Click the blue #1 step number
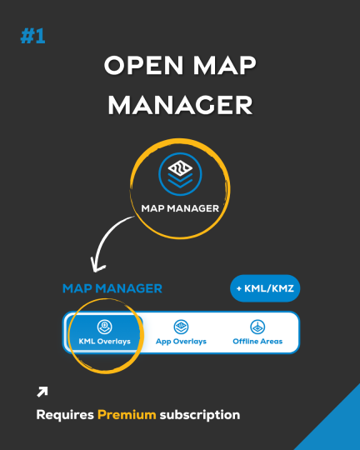point(32,36)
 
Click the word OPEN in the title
point(144,65)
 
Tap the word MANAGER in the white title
point(180,105)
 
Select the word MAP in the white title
point(224,65)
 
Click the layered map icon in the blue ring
point(180,174)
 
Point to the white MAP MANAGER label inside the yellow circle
point(180,208)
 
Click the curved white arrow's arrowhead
point(97,265)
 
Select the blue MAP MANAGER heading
point(112,288)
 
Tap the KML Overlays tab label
point(104,341)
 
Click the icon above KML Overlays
point(104,327)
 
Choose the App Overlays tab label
point(181,342)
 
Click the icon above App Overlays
point(181,327)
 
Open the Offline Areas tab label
point(257,341)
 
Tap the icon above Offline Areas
point(257,327)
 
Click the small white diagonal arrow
point(42,392)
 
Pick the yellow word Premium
point(127,415)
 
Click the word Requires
point(65,415)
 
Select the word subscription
point(200,415)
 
